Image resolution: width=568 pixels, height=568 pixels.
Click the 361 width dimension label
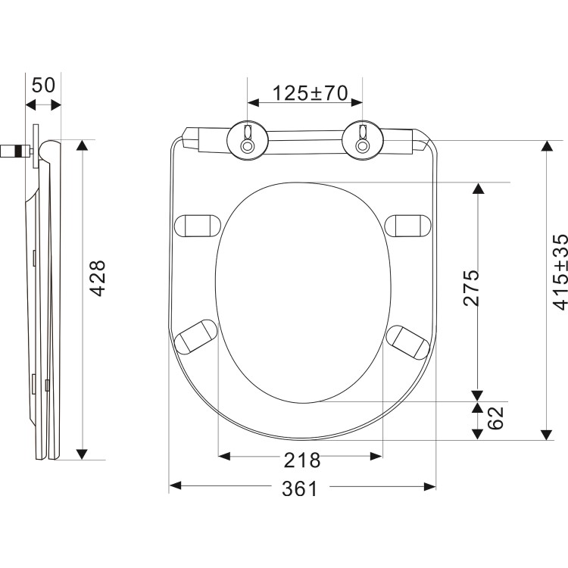coord(300,489)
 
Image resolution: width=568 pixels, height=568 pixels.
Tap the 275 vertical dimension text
coord(471,288)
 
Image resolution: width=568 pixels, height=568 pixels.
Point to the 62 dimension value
coord(495,418)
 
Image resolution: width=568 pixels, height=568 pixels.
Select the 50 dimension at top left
coord(43,84)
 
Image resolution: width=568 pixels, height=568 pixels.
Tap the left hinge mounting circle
coord(247,140)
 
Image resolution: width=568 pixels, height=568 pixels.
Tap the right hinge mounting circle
coord(362,140)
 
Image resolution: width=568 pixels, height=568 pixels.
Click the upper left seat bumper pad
coord(197,225)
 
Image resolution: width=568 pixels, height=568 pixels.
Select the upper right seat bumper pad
coord(408,225)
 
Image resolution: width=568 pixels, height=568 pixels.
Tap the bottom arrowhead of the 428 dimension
coord(82,454)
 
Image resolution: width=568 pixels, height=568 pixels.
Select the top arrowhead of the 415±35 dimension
coord(545,146)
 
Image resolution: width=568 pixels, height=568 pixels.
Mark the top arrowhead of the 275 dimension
coord(478,188)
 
